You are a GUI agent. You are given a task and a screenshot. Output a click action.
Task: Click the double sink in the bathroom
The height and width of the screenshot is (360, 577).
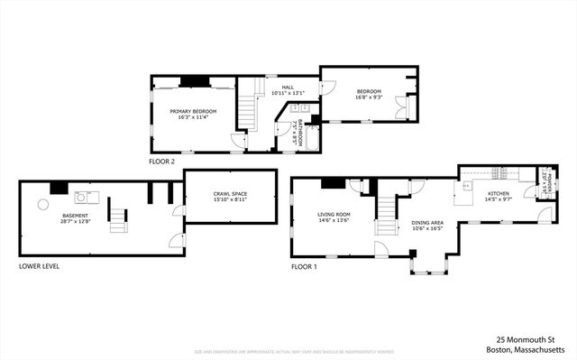(302, 110)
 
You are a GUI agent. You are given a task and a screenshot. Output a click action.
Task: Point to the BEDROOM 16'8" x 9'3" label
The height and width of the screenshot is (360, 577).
(369, 95)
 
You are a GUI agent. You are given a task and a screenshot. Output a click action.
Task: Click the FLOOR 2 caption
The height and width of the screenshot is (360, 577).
(162, 162)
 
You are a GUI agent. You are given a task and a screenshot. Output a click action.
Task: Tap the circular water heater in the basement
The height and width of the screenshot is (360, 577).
(41, 204)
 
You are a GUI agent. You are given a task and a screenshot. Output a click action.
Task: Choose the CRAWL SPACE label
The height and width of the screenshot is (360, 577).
(230, 198)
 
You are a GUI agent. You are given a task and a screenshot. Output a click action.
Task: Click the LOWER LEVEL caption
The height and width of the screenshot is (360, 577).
(39, 266)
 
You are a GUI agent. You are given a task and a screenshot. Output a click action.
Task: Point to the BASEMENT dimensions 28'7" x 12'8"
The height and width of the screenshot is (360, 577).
(75, 222)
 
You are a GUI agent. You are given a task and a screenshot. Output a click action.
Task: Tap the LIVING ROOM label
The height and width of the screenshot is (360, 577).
(333, 216)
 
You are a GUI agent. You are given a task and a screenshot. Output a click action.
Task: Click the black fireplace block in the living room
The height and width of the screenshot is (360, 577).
(334, 183)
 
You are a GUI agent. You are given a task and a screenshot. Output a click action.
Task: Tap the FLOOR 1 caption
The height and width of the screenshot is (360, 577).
(304, 267)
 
